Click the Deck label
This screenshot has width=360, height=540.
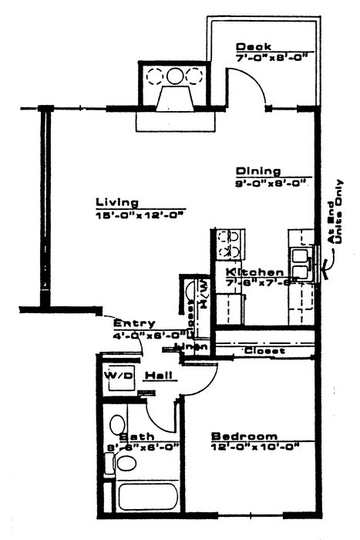coord(253,46)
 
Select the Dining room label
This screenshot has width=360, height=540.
coord(258,171)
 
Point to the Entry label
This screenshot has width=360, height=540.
coord(134,323)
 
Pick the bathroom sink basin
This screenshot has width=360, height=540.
coord(117,425)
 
